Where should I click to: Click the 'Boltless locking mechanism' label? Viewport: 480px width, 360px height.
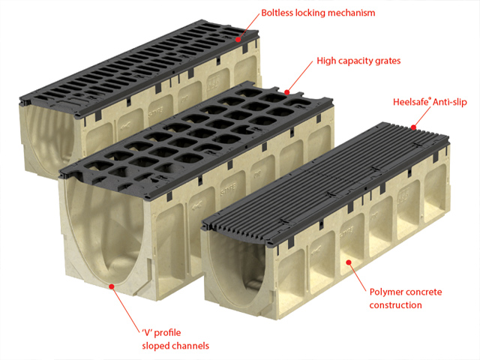pyautogui.click(x=318, y=13)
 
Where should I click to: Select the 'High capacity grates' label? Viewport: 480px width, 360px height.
pyautogui.click(x=358, y=61)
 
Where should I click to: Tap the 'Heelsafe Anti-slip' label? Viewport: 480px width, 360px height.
pyautogui.click(x=430, y=102)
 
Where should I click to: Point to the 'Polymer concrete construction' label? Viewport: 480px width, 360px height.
pyautogui.click(x=406, y=298)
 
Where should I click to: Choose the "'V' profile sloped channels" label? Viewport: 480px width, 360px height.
pyautogui.click(x=175, y=339)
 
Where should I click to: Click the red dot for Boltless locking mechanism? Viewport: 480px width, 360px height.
pyautogui.click(x=238, y=40)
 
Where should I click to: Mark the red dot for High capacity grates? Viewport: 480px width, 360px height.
pyautogui.click(x=286, y=92)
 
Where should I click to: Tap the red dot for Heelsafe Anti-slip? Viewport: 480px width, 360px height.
pyautogui.click(x=413, y=127)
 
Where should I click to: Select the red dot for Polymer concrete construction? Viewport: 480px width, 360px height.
pyautogui.click(x=348, y=262)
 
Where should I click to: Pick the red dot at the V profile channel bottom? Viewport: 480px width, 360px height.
pyautogui.click(x=112, y=286)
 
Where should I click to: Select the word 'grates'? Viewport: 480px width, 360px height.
pyautogui.click(x=387, y=61)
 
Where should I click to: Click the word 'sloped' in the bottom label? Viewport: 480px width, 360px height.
pyautogui.click(x=155, y=346)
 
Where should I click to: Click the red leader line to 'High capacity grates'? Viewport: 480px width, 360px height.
pyautogui.click(x=300, y=76)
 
